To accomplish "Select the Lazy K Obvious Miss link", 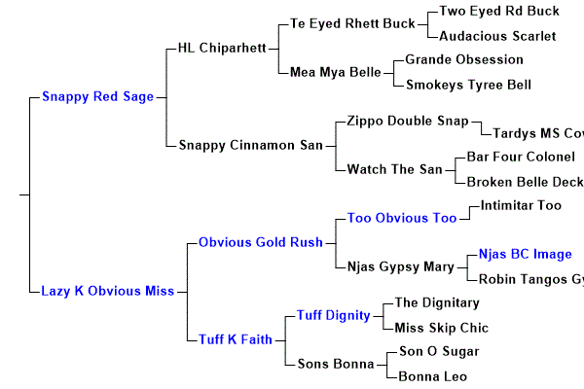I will (x=107, y=291).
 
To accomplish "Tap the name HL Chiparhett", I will (x=222, y=48).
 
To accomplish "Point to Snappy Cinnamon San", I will (x=250, y=145).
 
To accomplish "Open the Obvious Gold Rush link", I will (x=260, y=242).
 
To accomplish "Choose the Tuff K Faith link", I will (x=235, y=339).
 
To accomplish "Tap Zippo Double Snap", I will (x=408, y=121).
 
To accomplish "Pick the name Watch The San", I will (x=394, y=169).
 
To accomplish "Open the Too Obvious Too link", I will (x=402, y=218).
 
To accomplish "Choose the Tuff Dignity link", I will (x=334, y=315).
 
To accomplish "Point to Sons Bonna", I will (x=329, y=364).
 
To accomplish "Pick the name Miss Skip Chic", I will (x=441, y=328).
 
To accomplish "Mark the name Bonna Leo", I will (x=433, y=376).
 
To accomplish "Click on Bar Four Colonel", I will (x=521, y=157).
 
